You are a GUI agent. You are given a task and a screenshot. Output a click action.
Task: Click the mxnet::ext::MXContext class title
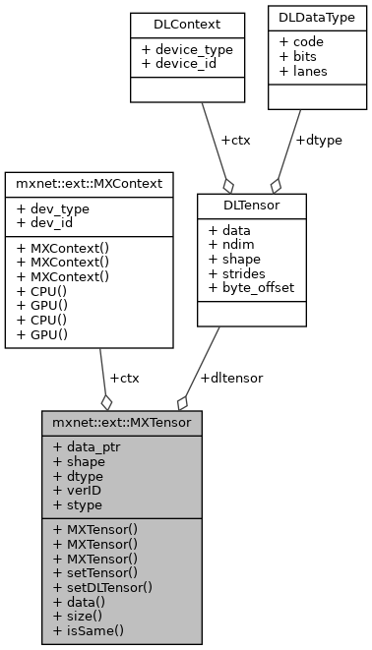[x=90, y=183]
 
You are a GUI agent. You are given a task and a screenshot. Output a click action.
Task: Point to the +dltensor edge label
[x=231, y=378]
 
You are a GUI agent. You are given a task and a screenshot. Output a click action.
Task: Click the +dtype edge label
[x=317, y=141]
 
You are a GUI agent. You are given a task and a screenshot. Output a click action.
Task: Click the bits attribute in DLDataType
[x=301, y=57]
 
